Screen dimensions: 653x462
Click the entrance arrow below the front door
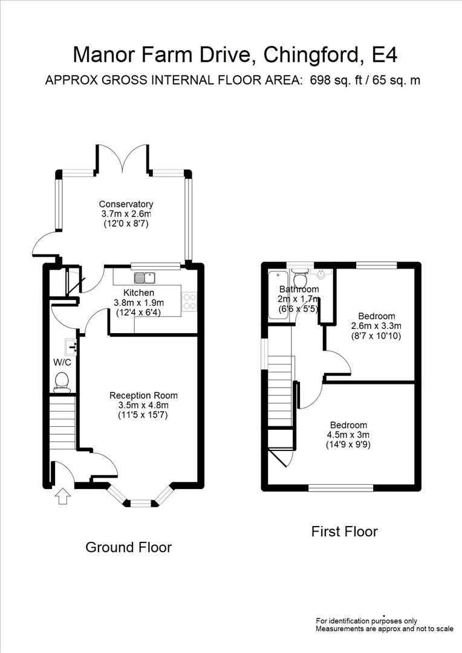pyautogui.click(x=63, y=496)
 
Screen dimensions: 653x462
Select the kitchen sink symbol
pyautogui.click(x=145, y=278)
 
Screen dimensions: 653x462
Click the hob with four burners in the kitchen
pyautogui.click(x=189, y=301)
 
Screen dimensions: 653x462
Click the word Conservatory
pyautogui.click(x=126, y=204)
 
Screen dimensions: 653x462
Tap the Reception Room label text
pyautogui.click(x=143, y=395)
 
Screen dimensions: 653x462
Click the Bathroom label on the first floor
pyautogui.click(x=299, y=290)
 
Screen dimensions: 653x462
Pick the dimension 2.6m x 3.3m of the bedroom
pyautogui.click(x=376, y=326)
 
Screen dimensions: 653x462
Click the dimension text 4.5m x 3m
pyautogui.click(x=348, y=435)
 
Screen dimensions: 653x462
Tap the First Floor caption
pyautogui.click(x=344, y=531)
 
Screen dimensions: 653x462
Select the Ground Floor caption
pyautogui.click(x=128, y=547)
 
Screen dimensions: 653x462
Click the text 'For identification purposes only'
pyautogui.click(x=366, y=621)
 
